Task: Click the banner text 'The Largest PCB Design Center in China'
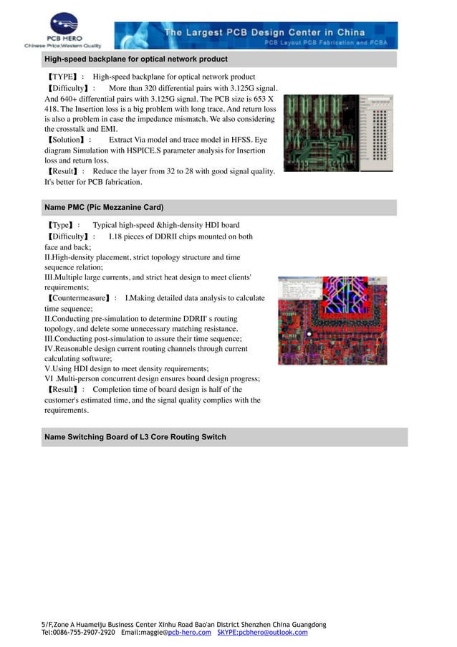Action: [x=264, y=32]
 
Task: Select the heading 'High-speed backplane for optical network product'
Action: [x=136, y=59]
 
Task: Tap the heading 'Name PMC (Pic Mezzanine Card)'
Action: [x=104, y=207]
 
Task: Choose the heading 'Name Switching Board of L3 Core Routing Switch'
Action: [x=135, y=436]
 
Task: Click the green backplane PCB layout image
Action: [x=339, y=133]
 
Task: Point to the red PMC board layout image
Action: [x=332, y=320]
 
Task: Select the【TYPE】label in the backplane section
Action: [x=65, y=77]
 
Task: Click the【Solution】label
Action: [x=70, y=140]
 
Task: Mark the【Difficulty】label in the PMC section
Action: [x=70, y=236]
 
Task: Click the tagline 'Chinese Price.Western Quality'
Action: [x=63, y=45]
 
